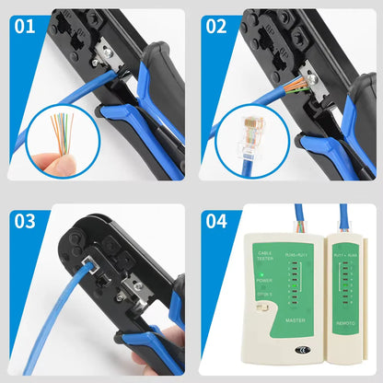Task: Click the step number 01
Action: coord(25,25)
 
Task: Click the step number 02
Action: coord(216,25)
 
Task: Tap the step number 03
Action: coord(25,221)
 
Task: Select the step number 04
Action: coord(216,221)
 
